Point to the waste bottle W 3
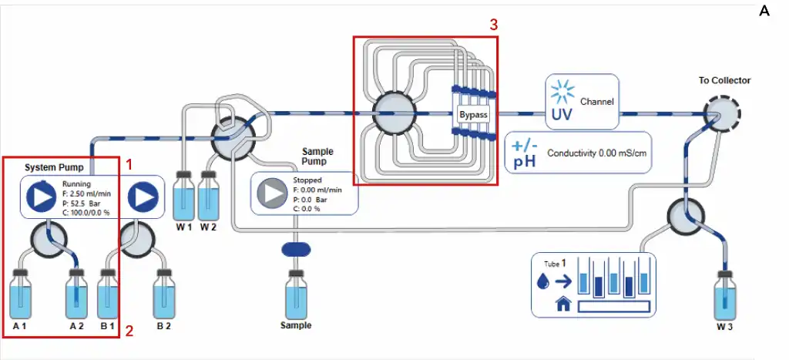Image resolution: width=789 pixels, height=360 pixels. [x=723, y=296]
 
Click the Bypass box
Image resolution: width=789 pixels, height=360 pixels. [x=473, y=115]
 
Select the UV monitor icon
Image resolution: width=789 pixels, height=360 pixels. [x=562, y=101]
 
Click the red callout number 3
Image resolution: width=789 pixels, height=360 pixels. [x=493, y=25]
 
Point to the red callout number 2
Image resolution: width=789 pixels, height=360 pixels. [x=129, y=331]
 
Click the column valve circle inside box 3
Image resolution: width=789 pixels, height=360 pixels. [x=394, y=114]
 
